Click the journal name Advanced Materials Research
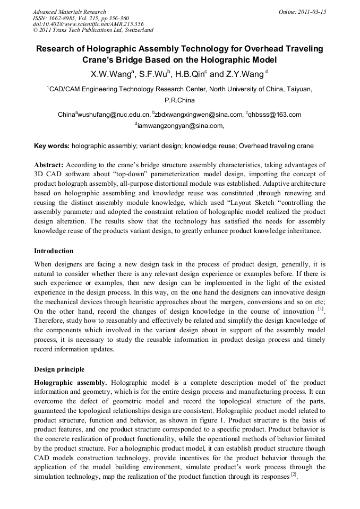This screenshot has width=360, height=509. tap(69, 11)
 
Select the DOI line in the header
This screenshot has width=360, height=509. tap(88, 24)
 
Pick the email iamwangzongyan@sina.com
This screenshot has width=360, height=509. tap(180, 126)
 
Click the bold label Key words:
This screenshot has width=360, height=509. tap(52, 146)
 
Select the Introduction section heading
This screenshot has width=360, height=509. tap(54, 251)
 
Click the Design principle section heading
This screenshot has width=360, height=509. tap(59, 369)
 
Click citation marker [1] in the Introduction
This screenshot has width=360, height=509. tap(320, 308)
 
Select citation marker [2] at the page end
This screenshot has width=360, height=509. tap(293, 476)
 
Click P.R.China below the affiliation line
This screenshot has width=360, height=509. tap(180, 100)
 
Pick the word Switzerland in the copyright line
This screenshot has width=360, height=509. tap(134, 31)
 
